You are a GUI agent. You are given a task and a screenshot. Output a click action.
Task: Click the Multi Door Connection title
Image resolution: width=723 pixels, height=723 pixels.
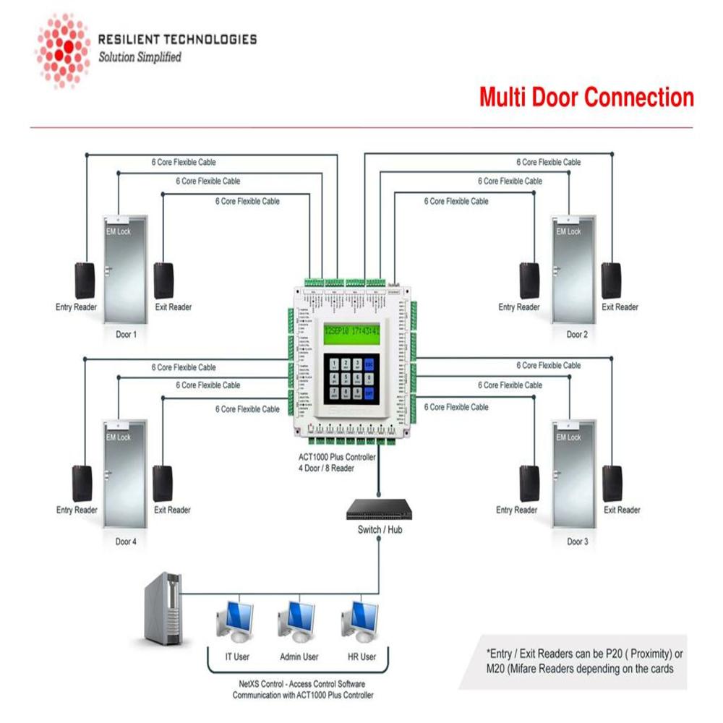586,97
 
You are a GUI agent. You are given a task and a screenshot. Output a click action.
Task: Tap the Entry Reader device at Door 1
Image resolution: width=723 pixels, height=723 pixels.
85,281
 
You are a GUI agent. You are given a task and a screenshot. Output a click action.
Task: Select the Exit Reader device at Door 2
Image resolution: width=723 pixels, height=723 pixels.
612,281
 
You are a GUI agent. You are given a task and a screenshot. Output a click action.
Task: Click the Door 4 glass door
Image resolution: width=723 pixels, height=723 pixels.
126,474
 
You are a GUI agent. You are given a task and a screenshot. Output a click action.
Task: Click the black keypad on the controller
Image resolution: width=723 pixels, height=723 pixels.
351,379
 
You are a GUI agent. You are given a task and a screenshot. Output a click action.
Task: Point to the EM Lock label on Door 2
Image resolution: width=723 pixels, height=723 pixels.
568,232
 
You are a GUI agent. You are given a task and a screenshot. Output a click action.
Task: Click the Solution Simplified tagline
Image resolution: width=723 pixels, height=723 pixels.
140,57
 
